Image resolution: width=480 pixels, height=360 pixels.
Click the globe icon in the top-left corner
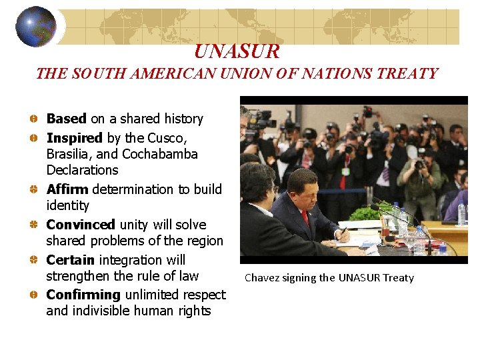(x=35, y=26)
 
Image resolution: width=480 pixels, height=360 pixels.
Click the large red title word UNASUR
(x=237, y=51)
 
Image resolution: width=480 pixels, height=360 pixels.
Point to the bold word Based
(x=66, y=119)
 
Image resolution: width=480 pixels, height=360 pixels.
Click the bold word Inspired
(x=74, y=138)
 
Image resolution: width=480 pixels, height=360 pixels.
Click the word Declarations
(x=82, y=170)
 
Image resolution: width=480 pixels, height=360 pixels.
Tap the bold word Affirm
(x=67, y=189)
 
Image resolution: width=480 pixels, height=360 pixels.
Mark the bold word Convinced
(x=81, y=225)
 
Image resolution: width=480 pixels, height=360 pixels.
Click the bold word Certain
(x=70, y=260)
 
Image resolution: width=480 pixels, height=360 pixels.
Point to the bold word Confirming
(x=83, y=295)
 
